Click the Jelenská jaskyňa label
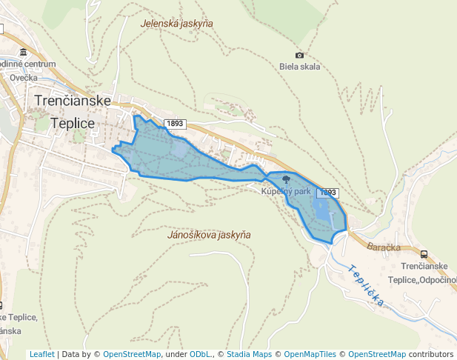click(177, 24)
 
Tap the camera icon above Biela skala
click(299, 56)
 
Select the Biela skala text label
click(300, 67)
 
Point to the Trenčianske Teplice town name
click(72, 111)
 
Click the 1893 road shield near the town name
click(175, 124)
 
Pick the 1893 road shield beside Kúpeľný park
click(327, 193)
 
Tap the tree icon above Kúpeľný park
click(286, 180)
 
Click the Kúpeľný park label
click(286, 191)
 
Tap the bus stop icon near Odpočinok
click(424, 254)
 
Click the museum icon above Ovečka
click(24, 53)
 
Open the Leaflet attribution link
click(42, 354)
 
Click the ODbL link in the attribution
click(199, 354)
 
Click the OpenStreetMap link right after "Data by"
click(131, 354)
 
